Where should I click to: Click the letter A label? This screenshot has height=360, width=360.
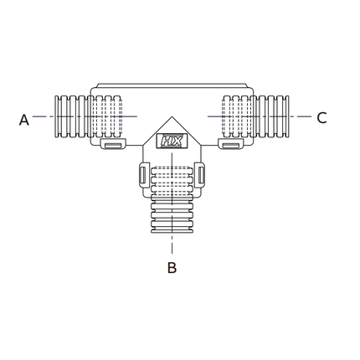click(24, 120)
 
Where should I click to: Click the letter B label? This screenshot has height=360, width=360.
click(172, 268)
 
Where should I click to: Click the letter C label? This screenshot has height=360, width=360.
click(321, 119)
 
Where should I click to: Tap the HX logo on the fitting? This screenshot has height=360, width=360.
click(172, 143)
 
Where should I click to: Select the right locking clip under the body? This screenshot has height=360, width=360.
click(231, 146)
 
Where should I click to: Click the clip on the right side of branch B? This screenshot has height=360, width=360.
click(200, 177)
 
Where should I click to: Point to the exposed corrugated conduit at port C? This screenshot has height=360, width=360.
click(274, 116)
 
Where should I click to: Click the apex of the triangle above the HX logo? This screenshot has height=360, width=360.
click(172, 118)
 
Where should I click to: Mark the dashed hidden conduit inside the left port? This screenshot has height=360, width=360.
click(107, 116)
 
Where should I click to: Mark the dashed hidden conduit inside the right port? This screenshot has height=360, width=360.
click(235, 116)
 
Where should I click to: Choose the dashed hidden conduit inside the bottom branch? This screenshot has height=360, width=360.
click(172, 180)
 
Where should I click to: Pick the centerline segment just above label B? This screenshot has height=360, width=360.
click(172, 247)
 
